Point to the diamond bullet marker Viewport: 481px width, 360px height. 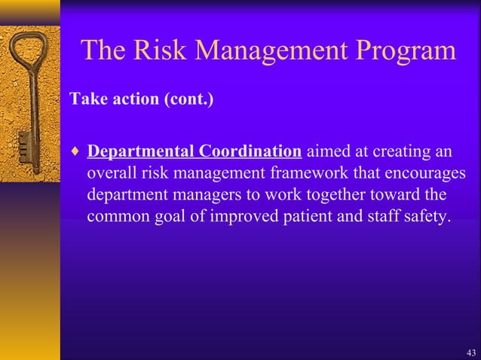pyautogui.click(x=74, y=152)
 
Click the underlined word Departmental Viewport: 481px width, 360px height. pyautogui.click(x=142, y=151)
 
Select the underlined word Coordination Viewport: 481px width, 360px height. pyautogui.click(x=251, y=151)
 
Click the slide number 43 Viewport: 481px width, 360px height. pyautogui.click(x=470, y=352)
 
